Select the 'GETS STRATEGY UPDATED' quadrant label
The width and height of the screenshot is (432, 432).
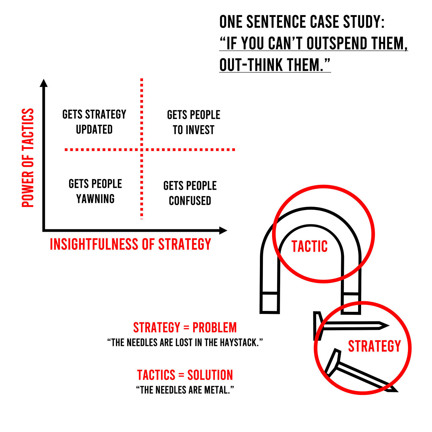click(94, 122)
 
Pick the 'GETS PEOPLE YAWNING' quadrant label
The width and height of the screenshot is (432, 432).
click(95, 191)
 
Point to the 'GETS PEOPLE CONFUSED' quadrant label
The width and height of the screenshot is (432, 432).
click(190, 193)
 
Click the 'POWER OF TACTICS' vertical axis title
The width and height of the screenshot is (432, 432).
click(28, 158)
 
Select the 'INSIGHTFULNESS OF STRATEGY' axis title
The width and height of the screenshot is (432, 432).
click(130, 244)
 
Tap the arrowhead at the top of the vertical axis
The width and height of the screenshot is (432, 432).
click(44, 83)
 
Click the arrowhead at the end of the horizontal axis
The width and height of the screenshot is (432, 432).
click(223, 230)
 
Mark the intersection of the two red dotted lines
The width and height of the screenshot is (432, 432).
click(142, 150)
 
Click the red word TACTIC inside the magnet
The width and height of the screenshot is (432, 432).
click(309, 247)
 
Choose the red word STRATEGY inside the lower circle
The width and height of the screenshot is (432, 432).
click(374, 346)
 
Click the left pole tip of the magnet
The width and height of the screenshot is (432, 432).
click(270, 303)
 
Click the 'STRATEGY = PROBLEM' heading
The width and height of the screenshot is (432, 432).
click(185, 328)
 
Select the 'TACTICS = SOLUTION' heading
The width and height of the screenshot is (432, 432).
click(185, 375)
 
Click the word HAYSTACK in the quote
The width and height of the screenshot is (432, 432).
click(241, 343)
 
